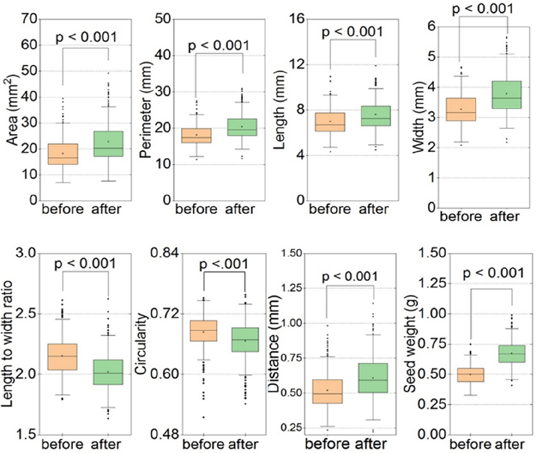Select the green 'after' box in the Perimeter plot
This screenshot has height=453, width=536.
(x=242, y=127)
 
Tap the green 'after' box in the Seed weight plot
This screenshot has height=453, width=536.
(x=511, y=353)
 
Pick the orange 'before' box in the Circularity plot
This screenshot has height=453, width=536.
(x=203, y=331)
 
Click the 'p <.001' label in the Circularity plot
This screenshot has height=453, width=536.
(x=224, y=264)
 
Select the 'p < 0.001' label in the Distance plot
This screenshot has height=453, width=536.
(x=350, y=276)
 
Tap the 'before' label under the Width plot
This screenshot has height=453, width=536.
(x=461, y=217)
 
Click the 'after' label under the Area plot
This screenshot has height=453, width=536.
(x=107, y=209)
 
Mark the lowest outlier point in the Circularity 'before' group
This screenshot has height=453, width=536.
(x=203, y=417)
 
